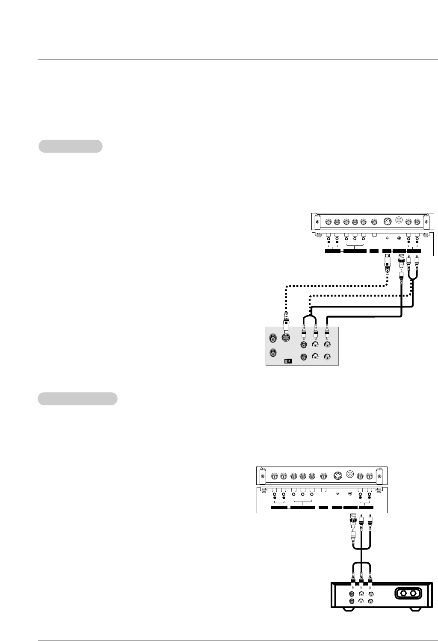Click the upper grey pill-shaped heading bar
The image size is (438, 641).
(x=71, y=146)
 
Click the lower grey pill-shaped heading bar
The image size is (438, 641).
(x=77, y=399)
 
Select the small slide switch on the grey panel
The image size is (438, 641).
(x=288, y=361)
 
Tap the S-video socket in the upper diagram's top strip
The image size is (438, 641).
(x=387, y=222)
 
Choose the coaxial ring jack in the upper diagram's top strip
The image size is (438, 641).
(x=400, y=221)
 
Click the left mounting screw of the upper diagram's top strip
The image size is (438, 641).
(x=317, y=222)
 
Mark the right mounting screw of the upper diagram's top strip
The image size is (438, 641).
(x=426, y=222)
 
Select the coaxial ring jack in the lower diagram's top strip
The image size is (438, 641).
(x=350, y=474)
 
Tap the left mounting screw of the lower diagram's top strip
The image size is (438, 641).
(x=262, y=475)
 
